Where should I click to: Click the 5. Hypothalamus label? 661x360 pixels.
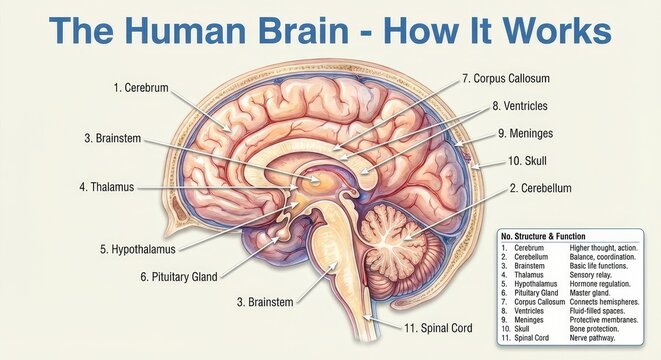click(x=137, y=249)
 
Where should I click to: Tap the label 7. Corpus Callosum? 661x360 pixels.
click(x=506, y=78)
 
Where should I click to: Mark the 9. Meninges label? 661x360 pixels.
click(x=532, y=133)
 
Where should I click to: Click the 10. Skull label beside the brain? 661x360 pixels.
click(x=527, y=160)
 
